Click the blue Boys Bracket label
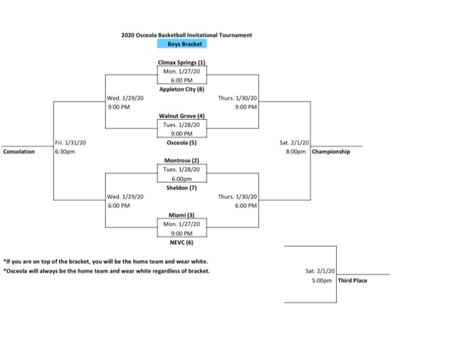point(182,44)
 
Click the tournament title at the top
point(187,35)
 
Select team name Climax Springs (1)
point(182,62)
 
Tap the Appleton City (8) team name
point(182,89)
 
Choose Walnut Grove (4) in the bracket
point(182,116)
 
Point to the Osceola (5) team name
point(182,143)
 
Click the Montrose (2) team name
point(182,161)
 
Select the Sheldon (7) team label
point(182,187)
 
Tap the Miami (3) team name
point(182,215)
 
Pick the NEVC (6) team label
point(182,242)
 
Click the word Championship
point(331,152)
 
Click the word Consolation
point(19,152)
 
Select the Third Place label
point(352,280)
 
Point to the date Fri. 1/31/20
point(67,143)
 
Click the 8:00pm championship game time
point(298,152)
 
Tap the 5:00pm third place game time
point(322,280)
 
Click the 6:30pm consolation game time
point(64,152)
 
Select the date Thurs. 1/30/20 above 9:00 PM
point(238,98)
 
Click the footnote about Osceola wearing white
point(107,271)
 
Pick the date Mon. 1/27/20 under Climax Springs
point(182,71)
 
